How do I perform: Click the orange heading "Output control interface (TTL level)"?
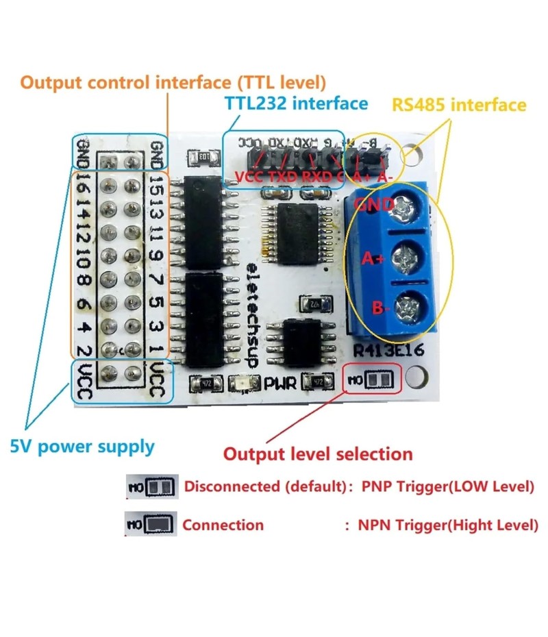[173, 83]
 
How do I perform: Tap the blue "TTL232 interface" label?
[296, 103]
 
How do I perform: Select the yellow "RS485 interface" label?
[458, 105]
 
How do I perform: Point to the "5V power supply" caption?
[82, 447]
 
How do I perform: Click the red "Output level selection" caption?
[319, 453]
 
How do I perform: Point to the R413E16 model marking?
[388, 351]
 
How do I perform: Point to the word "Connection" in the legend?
[223, 525]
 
